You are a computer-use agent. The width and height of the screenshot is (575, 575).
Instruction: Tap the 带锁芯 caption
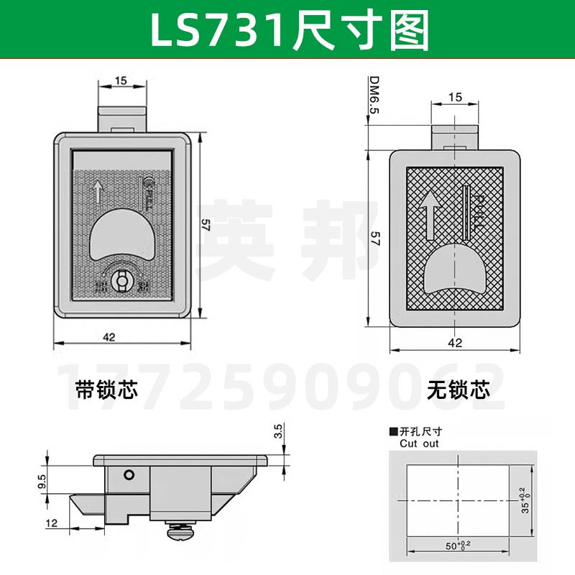(106, 390)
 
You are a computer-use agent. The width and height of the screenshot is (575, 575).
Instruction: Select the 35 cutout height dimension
(527, 499)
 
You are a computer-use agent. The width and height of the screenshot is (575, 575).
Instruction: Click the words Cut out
(420, 443)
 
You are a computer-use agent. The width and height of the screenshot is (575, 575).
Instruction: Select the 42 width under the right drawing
(454, 343)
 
